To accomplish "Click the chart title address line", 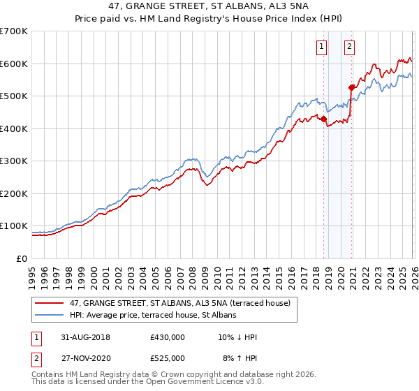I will [209, 6].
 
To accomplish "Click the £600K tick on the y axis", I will [14, 64].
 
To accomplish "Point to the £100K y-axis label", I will [14, 226].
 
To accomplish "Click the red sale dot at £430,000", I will [323, 119].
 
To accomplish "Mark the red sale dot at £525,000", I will [351, 87].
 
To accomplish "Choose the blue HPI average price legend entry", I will [152, 316].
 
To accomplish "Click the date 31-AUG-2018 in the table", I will [83, 337].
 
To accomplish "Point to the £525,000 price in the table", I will [168, 357].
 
